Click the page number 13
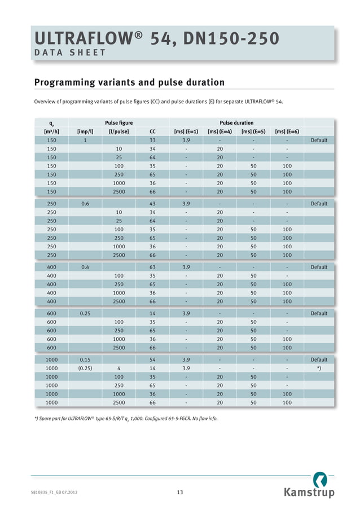click(x=180, y=493)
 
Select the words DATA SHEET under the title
click(x=70, y=53)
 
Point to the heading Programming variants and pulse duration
click(x=129, y=83)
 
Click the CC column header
click(x=152, y=131)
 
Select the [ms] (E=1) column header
click(x=186, y=131)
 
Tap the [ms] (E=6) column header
click(x=287, y=131)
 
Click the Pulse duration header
click(x=236, y=122)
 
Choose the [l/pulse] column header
click(x=119, y=131)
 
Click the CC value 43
click(x=152, y=204)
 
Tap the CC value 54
click(x=152, y=359)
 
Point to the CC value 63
click(x=152, y=267)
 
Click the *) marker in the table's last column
click(x=319, y=368)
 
